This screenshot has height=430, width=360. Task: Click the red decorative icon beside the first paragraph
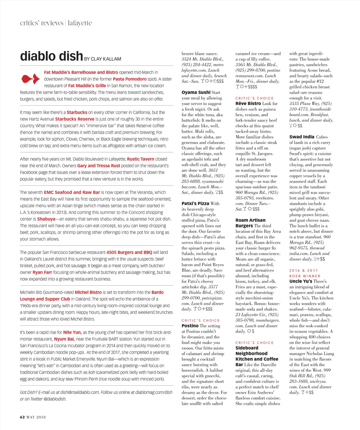[30, 79]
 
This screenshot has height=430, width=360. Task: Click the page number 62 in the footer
[22, 417]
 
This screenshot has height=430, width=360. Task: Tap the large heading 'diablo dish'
[51, 56]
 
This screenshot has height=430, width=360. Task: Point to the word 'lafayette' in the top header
[80, 23]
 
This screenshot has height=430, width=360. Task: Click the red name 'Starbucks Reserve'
[75, 119]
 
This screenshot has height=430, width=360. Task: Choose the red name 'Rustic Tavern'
[141, 159]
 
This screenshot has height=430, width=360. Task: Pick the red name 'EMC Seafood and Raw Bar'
[72, 192]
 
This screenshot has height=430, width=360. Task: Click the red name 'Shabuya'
[46, 219]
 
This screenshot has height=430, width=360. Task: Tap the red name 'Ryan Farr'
[42, 272]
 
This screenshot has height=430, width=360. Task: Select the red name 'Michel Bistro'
[88, 292]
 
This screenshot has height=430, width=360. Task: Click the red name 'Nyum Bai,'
[64, 339]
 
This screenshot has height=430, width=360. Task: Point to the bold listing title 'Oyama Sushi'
[196, 92]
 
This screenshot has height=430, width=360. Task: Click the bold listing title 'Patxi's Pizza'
[195, 203]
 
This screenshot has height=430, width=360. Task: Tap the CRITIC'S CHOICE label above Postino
[201, 320]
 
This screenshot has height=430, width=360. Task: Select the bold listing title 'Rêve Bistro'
[248, 104]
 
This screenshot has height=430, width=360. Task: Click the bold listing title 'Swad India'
[302, 137]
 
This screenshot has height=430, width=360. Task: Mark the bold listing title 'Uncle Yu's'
[301, 281]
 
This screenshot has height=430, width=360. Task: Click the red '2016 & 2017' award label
[304, 270]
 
